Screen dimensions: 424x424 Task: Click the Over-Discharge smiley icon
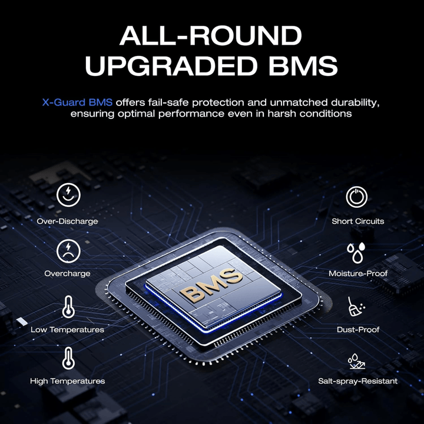[x=68, y=195]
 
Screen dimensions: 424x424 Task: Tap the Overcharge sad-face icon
[x=68, y=251]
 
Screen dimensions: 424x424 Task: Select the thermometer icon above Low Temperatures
[x=68, y=307]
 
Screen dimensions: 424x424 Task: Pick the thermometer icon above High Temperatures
[x=68, y=359]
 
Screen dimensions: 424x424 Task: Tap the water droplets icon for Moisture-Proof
[x=356, y=253]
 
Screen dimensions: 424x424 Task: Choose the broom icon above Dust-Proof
[x=356, y=306]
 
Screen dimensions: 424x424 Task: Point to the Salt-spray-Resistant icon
[x=356, y=362]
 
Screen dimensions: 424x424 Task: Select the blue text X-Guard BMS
[x=77, y=102]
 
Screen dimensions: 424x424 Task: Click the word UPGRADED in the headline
[x=171, y=66]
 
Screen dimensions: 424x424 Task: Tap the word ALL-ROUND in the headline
[x=211, y=36]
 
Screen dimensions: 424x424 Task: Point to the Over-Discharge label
[x=67, y=221]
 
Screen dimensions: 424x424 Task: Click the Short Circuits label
[x=358, y=221]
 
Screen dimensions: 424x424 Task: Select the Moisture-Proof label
[x=358, y=273]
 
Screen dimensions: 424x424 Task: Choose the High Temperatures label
[x=67, y=381]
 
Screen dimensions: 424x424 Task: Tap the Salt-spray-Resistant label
[x=358, y=381]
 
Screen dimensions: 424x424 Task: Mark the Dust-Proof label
[x=358, y=330]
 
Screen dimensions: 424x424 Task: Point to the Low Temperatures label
[x=67, y=330]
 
